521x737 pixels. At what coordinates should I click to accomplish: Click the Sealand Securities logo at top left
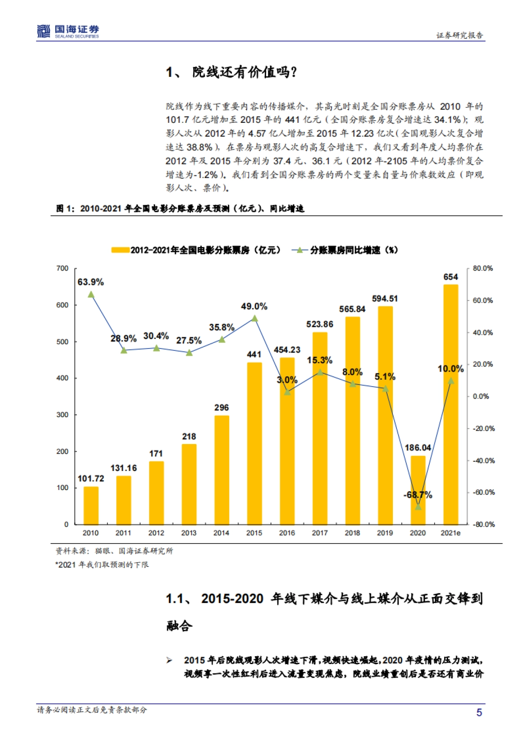point(68,31)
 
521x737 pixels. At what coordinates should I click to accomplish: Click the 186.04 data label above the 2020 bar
point(418,447)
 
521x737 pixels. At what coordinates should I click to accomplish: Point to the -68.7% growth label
point(418,495)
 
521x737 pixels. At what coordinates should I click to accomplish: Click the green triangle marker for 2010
point(91,295)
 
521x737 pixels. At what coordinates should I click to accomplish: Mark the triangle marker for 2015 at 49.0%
point(254,319)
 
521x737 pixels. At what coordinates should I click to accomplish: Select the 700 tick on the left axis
point(63,268)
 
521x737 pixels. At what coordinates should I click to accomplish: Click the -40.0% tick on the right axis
point(483,461)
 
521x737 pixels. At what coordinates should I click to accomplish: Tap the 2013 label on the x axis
point(189,533)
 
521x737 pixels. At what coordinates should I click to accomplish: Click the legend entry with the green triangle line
point(345,250)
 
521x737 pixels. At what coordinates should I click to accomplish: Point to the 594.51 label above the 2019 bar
point(385,299)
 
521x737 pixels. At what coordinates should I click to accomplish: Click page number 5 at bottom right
point(479,712)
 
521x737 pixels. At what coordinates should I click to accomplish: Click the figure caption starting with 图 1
point(180,209)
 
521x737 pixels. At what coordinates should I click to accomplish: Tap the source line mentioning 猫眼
point(114,551)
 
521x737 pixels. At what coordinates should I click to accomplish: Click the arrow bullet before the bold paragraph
point(169,660)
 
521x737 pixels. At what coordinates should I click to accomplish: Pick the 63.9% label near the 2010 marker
point(91,282)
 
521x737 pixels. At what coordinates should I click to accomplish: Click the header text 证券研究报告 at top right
point(459,36)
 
